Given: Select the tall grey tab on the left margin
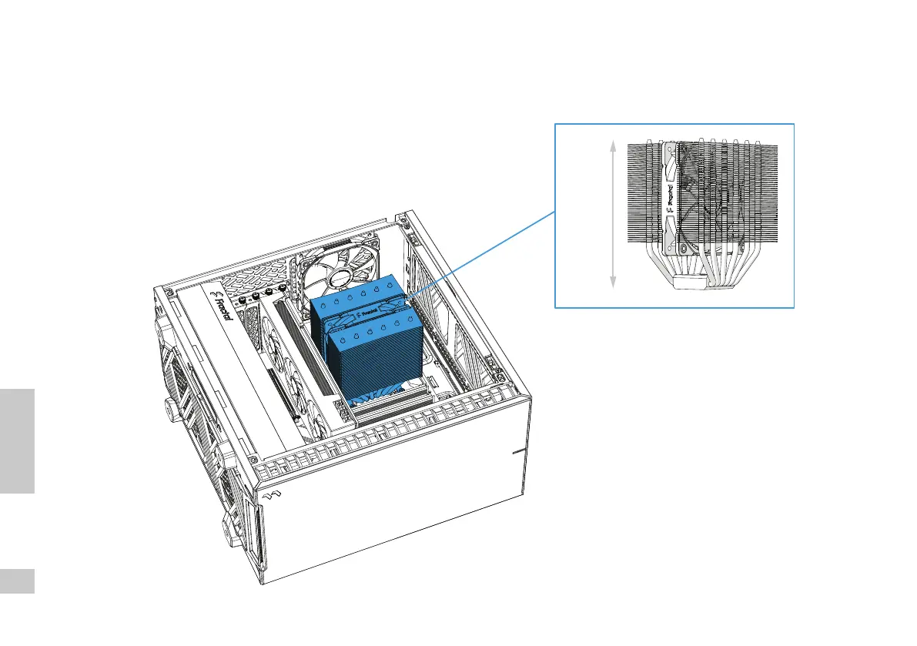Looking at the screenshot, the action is (17, 440).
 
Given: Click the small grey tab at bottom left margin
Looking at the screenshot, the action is (17, 581).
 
